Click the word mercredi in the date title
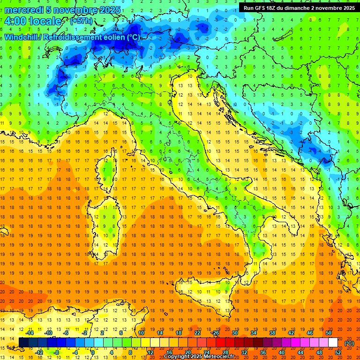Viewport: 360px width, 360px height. [24, 10]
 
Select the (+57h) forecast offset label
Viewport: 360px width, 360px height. [81, 21]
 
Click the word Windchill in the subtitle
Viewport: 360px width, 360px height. [22, 37]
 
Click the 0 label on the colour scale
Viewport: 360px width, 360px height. [93, 352]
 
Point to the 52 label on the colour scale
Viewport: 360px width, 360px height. [338, 352]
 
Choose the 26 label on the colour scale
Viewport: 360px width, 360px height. [216, 333]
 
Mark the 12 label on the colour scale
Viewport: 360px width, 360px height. [150, 352]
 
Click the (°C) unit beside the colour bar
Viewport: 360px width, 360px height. [349, 343]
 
